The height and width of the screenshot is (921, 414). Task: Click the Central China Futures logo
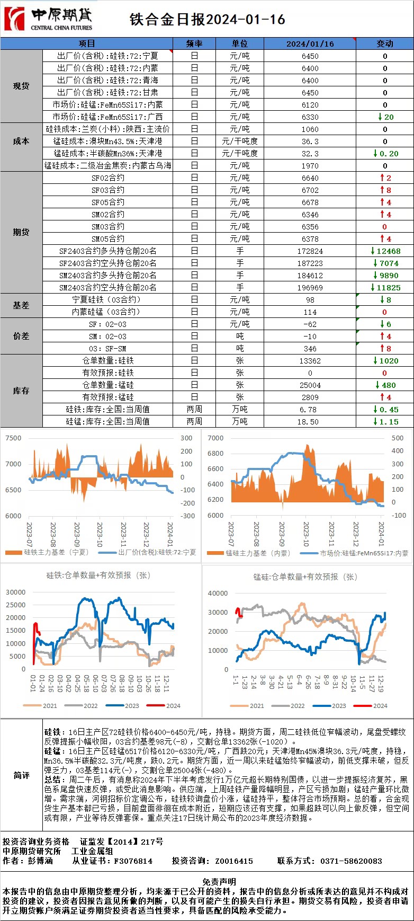[x=48, y=20]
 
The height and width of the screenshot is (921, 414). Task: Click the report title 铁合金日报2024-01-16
[x=208, y=20]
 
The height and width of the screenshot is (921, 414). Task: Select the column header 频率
[x=194, y=43]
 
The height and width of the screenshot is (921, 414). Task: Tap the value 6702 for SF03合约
[x=310, y=190]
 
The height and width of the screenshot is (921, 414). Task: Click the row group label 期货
[x=21, y=232]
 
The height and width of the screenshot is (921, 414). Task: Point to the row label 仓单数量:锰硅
[x=107, y=385]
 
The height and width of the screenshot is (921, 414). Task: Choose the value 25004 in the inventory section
[x=310, y=385]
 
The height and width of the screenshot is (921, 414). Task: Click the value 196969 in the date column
[x=310, y=288]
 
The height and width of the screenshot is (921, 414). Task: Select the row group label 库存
[x=21, y=391]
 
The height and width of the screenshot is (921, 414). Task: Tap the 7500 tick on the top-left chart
[x=13, y=438]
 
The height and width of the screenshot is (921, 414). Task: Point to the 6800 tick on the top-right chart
[x=215, y=454]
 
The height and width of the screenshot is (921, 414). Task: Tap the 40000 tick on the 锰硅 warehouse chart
[x=218, y=594]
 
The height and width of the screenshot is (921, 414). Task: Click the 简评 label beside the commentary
[x=21, y=775]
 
